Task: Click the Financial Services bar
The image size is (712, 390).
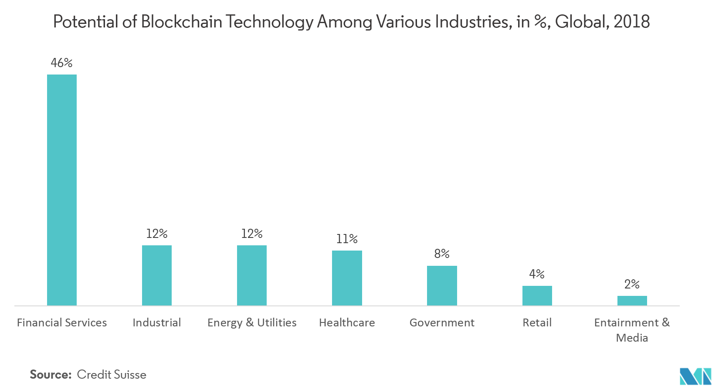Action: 62,190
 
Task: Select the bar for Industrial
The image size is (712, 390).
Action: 157,275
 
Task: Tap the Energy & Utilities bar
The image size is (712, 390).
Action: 252,275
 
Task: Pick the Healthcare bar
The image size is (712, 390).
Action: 347,278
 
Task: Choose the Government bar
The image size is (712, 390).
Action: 442,286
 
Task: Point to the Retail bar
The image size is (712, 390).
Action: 537,296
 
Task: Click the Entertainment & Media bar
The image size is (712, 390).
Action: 632,301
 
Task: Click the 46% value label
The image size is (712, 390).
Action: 61,63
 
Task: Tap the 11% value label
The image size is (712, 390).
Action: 347,239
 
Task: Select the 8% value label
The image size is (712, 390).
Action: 442,254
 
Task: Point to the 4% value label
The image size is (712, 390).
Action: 537,274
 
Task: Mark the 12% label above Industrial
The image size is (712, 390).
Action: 157,234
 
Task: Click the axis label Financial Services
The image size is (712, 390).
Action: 62,323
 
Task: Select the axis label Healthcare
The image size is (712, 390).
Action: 347,323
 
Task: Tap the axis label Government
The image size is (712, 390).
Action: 442,323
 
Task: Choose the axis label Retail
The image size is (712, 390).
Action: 537,323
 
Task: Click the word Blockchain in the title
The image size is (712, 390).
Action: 181,22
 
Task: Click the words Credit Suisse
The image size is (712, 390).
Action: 112,375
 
